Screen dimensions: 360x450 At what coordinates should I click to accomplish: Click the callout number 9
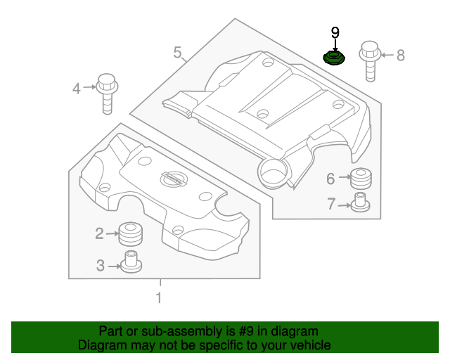[x=335, y=32]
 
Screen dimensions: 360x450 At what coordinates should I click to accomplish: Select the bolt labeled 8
[x=371, y=62]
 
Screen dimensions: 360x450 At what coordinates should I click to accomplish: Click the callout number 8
[x=401, y=54]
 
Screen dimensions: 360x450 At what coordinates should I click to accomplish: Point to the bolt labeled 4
[x=107, y=91]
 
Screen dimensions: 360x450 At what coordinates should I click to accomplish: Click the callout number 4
[x=77, y=88]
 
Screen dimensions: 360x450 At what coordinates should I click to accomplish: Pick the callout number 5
[x=177, y=52]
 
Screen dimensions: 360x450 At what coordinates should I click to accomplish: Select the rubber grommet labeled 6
[x=361, y=179]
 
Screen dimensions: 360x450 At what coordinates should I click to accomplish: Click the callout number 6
[x=330, y=179]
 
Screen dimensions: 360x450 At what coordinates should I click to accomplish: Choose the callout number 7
[x=331, y=205]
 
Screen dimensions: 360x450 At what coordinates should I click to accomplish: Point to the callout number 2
[x=99, y=233]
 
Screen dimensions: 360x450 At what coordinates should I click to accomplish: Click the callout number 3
[x=100, y=265]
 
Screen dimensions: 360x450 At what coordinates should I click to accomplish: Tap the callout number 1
[x=159, y=297]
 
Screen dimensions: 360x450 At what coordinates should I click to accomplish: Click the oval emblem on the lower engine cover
[x=170, y=180]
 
